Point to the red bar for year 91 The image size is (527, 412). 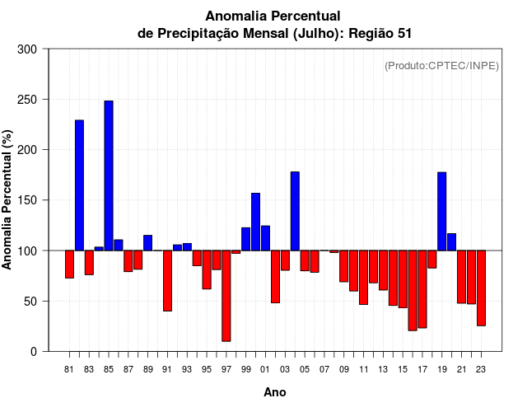click(167, 280)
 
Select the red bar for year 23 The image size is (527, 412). click(481, 288)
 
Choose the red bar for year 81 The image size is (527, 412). click(69, 264)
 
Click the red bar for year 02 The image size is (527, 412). click(275, 276)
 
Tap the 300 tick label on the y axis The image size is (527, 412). click(28, 49)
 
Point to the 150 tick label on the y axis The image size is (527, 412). click(28, 200)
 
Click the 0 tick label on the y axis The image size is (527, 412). click(34, 352)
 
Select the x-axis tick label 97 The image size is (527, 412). click(226, 368)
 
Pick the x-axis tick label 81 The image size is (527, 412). click(69, 368)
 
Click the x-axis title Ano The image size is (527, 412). click(275, 392)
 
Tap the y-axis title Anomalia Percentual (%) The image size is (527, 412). click(8, 199)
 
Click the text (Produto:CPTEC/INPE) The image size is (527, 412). click(441, 65)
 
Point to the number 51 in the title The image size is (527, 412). click(402, 33)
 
